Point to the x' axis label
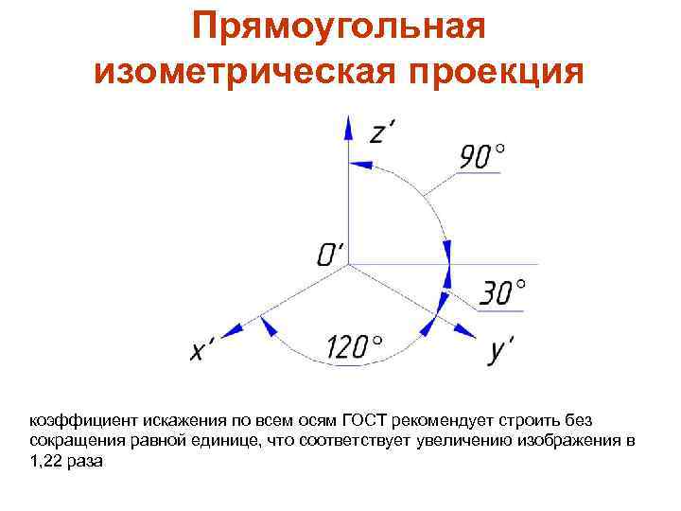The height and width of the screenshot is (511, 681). tap(201, 351)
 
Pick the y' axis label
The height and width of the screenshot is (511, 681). tap(501, 351)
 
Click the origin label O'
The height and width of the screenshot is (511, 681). tap(330, 253)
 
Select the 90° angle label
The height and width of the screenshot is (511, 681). tap(481, 156)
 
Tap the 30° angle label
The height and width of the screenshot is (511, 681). tap(502, 292)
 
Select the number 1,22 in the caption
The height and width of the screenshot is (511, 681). tap(46, 461)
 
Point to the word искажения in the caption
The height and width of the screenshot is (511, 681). tap(181, 419)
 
